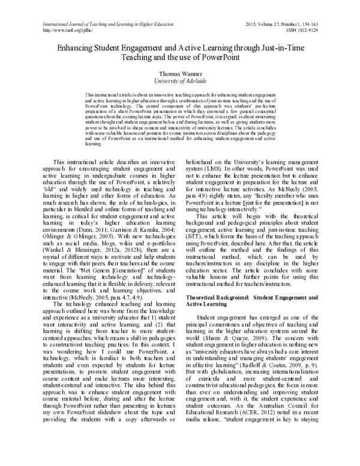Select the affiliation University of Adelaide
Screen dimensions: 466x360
tap(180, 81)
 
